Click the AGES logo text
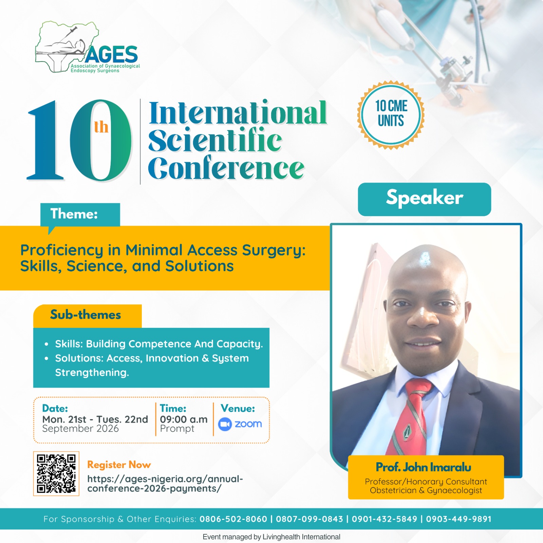(112, 55)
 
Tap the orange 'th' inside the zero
(101, 127)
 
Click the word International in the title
(238, 113)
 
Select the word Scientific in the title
(215, 140)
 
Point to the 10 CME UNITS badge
(391, 115)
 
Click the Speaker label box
(425, 199)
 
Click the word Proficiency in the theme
(62, 251)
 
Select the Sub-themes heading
(86, 315)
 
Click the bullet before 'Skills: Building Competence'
(46, 344)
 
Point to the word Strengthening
(92, 373)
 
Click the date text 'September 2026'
(80, 429)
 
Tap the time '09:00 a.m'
(184, 419)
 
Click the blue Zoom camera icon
(225, 424)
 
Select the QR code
(56, 474)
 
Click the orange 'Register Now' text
(119, 465)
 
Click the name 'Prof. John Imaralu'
(424, 467)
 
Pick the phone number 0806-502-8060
(233, 519)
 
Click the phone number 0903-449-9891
(459, 519)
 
